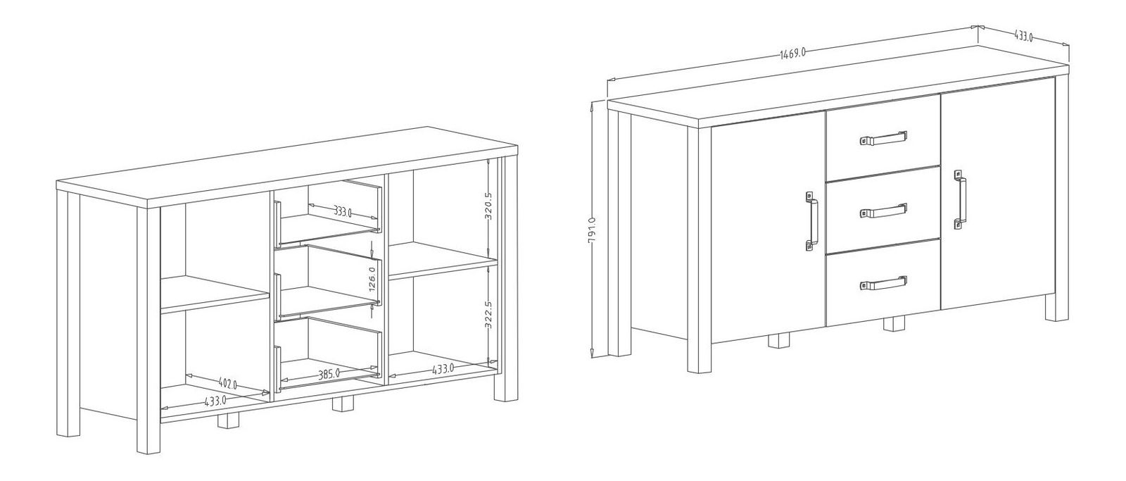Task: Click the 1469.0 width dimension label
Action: coord(792,54)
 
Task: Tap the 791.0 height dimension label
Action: coord(591,231)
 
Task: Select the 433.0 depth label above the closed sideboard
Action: coord(1023,36)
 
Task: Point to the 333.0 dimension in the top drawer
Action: coord(342,211)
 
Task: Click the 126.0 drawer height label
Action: coord(372,280)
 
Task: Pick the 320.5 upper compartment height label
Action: coord(488,206)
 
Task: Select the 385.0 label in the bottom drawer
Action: coord(329,374)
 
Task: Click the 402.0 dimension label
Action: coord(228,384)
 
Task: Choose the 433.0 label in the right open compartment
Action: coord(443,368)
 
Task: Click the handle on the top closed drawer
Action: coord(884,137)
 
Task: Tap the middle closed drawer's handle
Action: coord(884,211)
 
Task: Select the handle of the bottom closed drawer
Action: coord(884,283)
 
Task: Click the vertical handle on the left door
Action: coord(812,221)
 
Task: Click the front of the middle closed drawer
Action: coord(883,211)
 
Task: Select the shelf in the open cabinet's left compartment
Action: coord(215,294)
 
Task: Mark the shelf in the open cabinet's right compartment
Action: coord(443,261)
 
